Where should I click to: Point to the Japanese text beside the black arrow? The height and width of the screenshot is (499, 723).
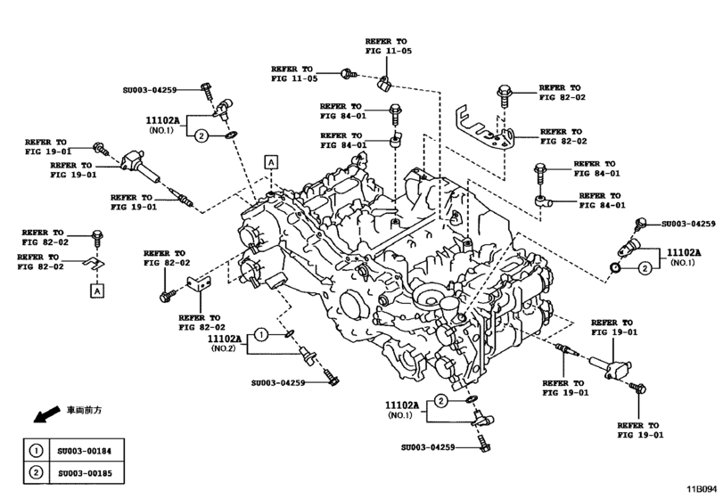point(85,410)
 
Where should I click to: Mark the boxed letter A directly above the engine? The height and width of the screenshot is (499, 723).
point(270,161)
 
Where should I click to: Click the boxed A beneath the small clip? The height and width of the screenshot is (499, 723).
point(94,290)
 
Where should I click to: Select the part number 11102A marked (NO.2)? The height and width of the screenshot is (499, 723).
point(225,339)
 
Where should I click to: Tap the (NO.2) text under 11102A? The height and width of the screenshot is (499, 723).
point(224,349)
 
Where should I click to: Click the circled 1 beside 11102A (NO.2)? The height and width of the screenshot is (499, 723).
point(260,334)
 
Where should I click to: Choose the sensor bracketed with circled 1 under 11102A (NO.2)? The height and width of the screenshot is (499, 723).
point(308,355)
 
